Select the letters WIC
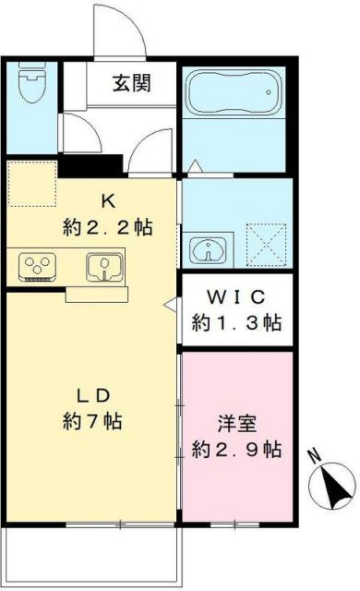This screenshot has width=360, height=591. [236, 297]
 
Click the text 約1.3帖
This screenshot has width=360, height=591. [236, 323]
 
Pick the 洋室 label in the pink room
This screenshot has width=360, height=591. [236, 426]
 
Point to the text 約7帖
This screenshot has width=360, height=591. [92, 422]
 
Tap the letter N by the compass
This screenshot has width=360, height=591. [314, 454]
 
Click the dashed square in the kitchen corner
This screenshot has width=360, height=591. [31, 183]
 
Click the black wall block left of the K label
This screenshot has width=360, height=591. [91, 164]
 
